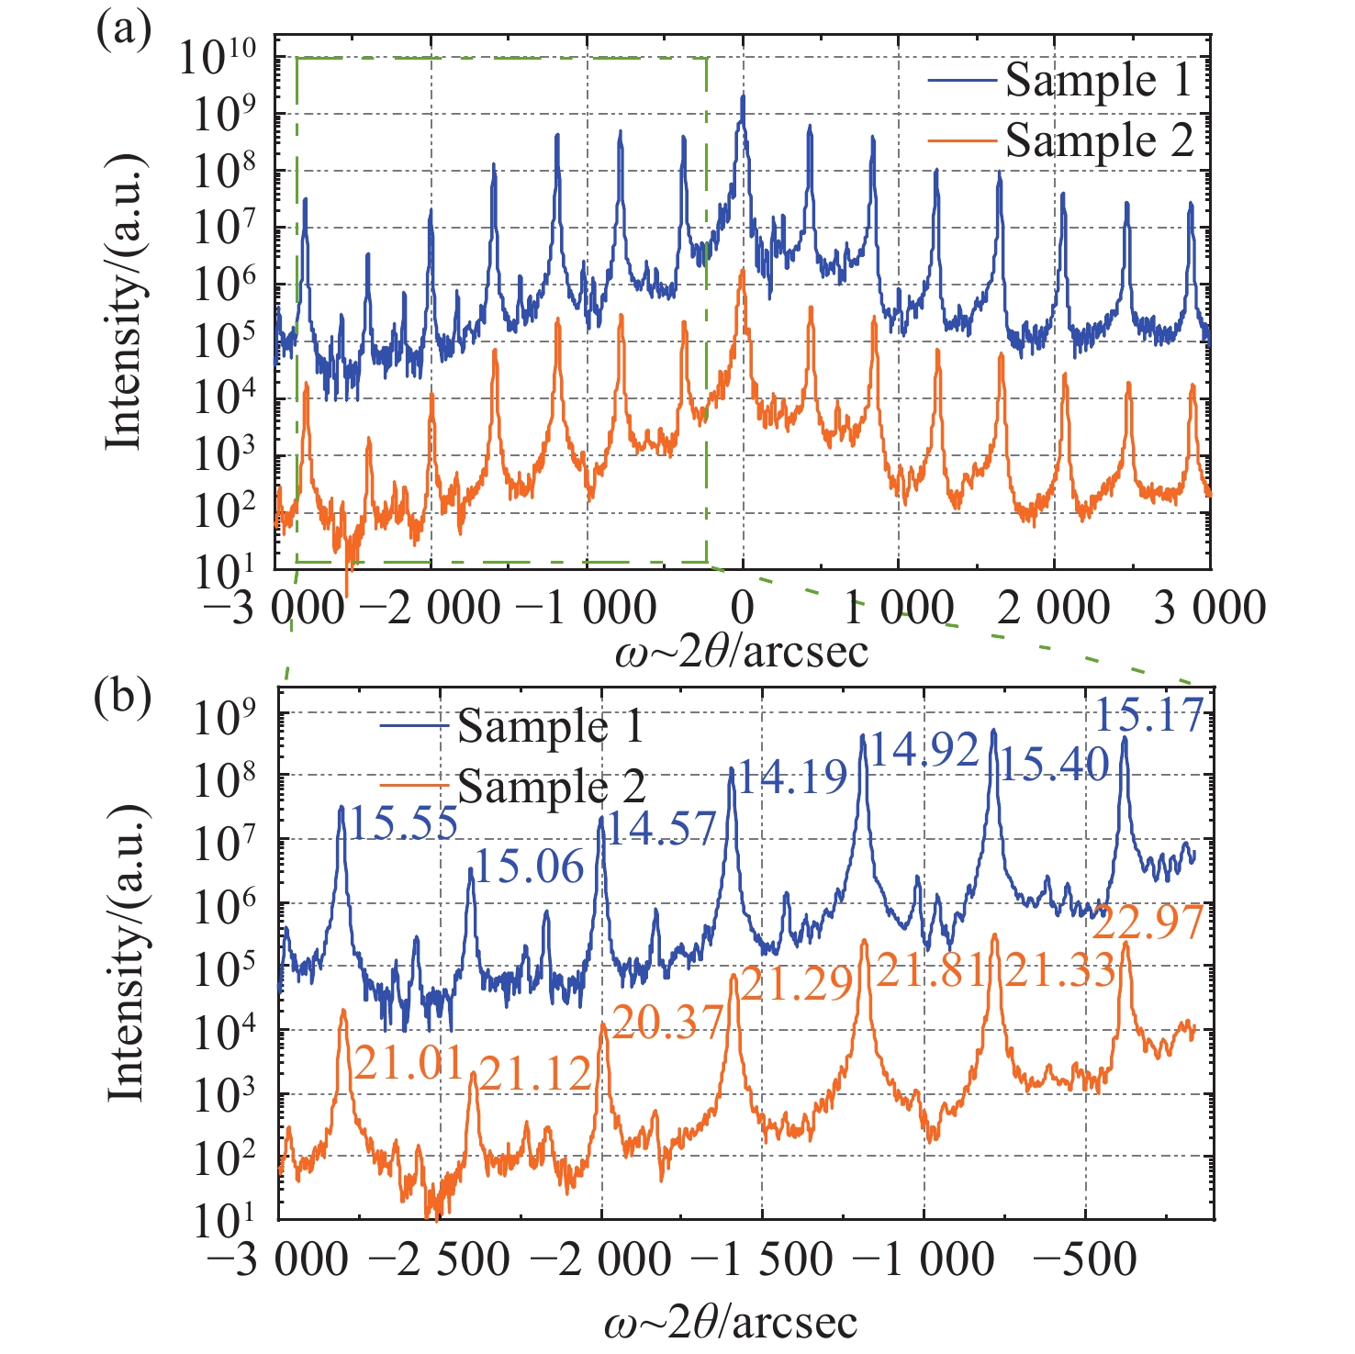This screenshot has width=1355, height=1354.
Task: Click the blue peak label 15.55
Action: pos(404,824)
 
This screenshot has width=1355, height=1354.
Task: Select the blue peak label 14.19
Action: pos(792,778)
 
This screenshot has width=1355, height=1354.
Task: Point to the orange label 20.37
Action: pos(667,1021)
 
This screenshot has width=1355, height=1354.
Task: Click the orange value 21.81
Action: pos(931,969)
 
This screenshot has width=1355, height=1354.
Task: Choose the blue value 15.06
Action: pos(530,866)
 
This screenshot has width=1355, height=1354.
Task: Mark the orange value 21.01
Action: pos(408,1064)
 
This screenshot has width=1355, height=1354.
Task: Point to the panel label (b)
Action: pos(123,697)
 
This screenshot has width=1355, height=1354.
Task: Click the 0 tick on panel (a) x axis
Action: pos(743,608)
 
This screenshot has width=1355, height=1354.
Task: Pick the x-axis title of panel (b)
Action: pos(731,1323)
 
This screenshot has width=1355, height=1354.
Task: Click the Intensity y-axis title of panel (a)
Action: pos(126,303)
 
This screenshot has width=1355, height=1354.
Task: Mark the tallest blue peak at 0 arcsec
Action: pos(743,97)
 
